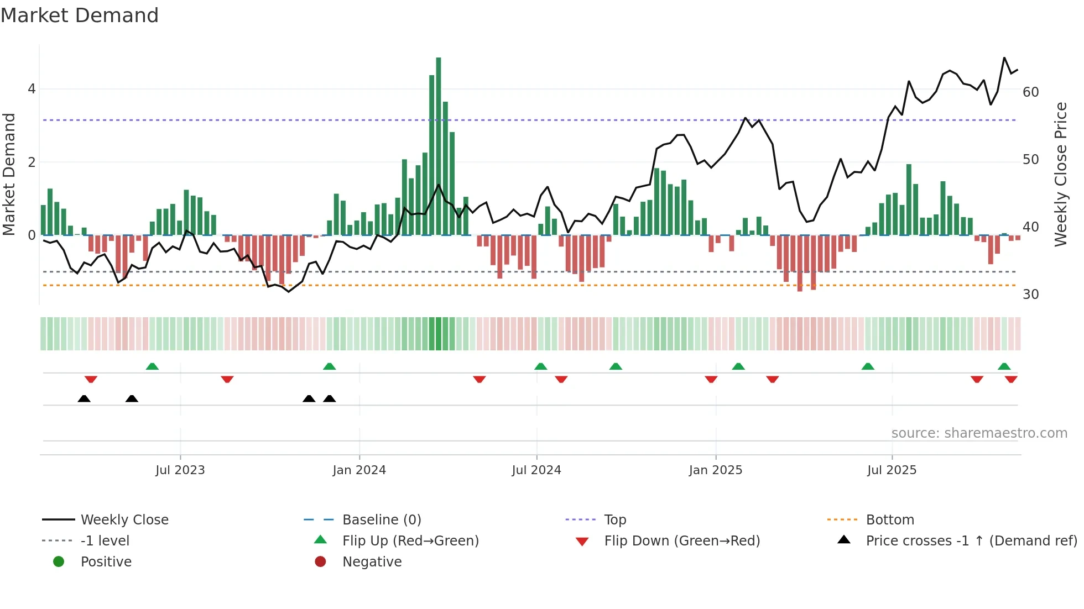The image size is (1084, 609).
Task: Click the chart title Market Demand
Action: [x=80, y=15]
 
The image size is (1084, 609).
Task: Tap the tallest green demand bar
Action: [x=439, y=146]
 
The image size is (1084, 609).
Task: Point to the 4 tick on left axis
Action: [x=32, y=89]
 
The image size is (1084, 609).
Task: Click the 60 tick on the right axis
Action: [x=1030, y=92]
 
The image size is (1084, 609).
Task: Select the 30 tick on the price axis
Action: [x=1030, y=295]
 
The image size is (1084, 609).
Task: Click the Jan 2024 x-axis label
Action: [x=359, y=470]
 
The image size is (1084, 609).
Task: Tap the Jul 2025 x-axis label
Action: [x=892, y=470]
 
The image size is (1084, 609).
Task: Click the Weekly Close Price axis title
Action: [x=1060, y=174]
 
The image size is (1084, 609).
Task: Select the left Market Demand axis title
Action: [x=9, y=174]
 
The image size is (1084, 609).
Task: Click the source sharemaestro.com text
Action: [x=979, y=433]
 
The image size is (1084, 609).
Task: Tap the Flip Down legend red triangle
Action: [x=582, y=542]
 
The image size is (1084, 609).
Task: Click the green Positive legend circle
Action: [x=59, y=562]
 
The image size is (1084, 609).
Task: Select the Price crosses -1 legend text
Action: [x=971, y=541]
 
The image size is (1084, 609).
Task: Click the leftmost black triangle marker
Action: [x=84, y=399]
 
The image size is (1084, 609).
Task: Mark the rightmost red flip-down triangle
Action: [x=1011, y=379]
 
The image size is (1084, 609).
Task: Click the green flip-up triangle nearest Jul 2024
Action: [x=541, y=366]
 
